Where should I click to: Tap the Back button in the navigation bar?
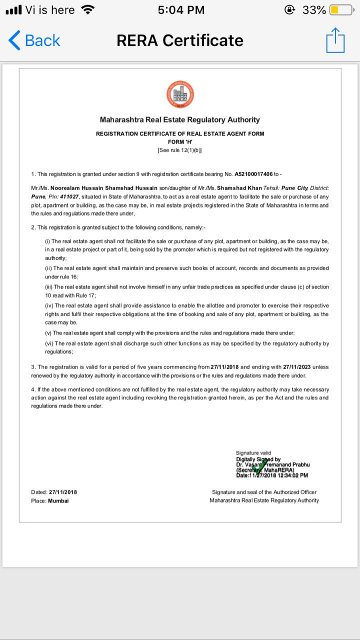tap(34, 40)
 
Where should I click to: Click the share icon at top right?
tap(335, 40)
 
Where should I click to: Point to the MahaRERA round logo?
tap(180, 94)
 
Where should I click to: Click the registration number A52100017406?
tap(253, 174)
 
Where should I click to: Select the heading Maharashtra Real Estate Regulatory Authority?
tap(180, 120)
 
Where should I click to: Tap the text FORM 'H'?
tap(180, 142)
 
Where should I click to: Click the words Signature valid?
tap(253, 453)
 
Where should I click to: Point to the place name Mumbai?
tap(58, 500)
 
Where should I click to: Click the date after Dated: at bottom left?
tap(63, 492)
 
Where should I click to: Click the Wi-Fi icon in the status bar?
tap(88, 10)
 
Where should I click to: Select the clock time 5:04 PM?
tap(180, 10)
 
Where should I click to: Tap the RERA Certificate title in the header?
tap(180, 40)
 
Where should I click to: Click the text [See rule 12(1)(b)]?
tap(180, 150)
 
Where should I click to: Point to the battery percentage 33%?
tap(314, 10)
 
